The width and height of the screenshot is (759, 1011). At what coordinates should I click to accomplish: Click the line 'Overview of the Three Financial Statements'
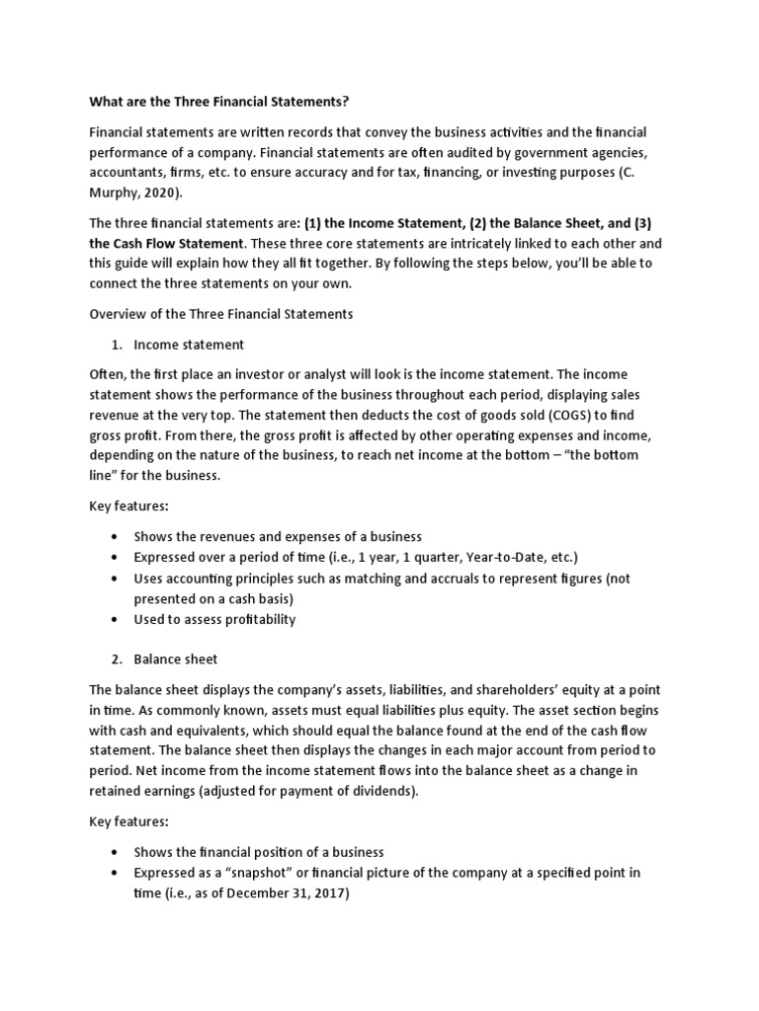pos(220,314)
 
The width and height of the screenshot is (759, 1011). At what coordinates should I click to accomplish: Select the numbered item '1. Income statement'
pos(188,345)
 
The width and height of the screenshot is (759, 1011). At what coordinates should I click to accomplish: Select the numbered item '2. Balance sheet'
pos(175,659)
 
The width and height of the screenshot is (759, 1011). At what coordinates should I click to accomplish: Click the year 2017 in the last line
pos(328,893)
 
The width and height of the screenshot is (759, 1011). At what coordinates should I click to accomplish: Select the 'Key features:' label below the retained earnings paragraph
pos(128,820)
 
